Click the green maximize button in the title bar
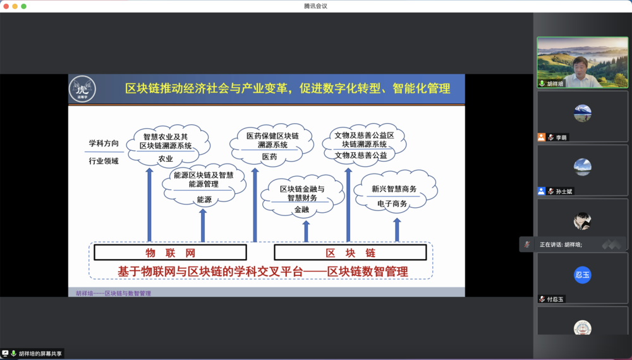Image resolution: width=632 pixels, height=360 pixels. (24, 6)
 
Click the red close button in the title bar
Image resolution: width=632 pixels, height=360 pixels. (6, 6)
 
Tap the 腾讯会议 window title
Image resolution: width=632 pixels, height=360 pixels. (315, 6)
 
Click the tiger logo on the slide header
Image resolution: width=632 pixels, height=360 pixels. (82, 89)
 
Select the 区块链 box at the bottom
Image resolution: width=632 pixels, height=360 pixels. (351, 253)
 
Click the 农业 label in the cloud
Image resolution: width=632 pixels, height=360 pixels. (166, 159)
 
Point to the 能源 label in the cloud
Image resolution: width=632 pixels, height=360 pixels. (204, 199)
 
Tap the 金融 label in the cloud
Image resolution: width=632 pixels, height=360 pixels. (301, 209)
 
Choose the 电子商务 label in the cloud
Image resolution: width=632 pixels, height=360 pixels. (392, 203)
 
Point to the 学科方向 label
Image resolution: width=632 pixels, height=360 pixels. (104, 143)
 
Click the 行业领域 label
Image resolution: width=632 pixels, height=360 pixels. (104, 161)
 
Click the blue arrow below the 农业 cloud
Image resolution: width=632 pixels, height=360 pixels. (150, 205)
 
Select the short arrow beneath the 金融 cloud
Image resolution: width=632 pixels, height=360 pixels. (306, 231)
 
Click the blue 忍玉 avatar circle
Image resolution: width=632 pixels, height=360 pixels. (582, 275)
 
